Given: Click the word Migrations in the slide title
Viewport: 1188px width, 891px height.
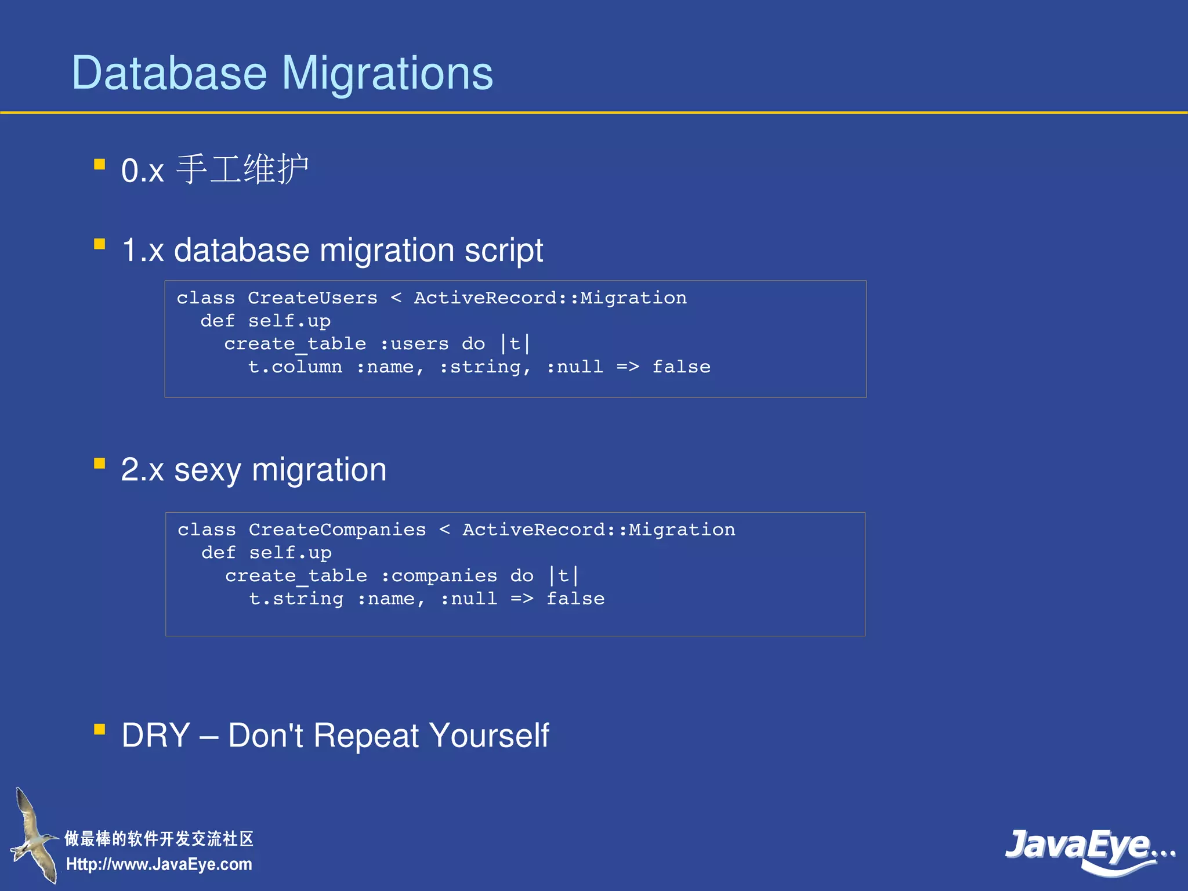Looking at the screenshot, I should click(387, 74).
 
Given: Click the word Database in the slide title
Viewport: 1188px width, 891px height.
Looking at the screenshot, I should click(169, 74).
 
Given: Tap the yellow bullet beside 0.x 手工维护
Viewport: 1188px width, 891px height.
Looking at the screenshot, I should click(100, 165).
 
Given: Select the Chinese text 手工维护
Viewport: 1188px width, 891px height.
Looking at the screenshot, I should click(242, 169).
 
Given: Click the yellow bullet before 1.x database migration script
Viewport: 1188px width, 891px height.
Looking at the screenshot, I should click(100, 244).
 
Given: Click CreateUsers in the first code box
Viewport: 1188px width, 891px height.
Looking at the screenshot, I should click(312, 298).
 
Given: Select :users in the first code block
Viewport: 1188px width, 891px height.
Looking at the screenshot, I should click(414, 344).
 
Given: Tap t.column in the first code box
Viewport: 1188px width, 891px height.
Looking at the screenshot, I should click(295, 367).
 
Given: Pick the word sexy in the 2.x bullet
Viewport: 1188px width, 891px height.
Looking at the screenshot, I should click(207, 470).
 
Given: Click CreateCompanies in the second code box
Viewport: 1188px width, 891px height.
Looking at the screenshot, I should click(337, 530).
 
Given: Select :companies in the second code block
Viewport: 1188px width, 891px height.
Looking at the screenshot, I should click(439, 576).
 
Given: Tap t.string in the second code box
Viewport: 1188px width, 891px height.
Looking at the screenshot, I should click(296, 599).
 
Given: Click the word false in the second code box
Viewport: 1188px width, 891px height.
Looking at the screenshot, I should click(575, 599).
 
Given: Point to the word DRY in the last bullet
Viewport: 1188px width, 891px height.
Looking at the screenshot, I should click(155, 736).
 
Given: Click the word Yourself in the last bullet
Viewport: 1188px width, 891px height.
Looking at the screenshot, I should click(489, 736).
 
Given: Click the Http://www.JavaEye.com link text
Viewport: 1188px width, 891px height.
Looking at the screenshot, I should click(159, 864).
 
